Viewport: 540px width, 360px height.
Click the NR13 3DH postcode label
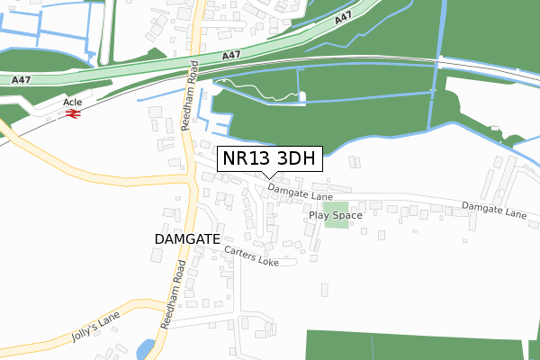[269, 159]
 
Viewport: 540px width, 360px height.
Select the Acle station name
[72, 103]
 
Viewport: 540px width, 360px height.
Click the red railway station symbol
[73, 115]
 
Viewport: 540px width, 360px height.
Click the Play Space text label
[335, 215]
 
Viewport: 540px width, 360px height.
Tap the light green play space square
[336, 216]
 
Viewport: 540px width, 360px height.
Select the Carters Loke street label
[252, 256]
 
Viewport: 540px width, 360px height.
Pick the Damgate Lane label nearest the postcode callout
[300, 193]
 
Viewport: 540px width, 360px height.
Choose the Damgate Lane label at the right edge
[494, 211]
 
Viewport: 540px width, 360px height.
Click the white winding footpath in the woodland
[261, 91]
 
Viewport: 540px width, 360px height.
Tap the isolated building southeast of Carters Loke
[324, 290]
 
